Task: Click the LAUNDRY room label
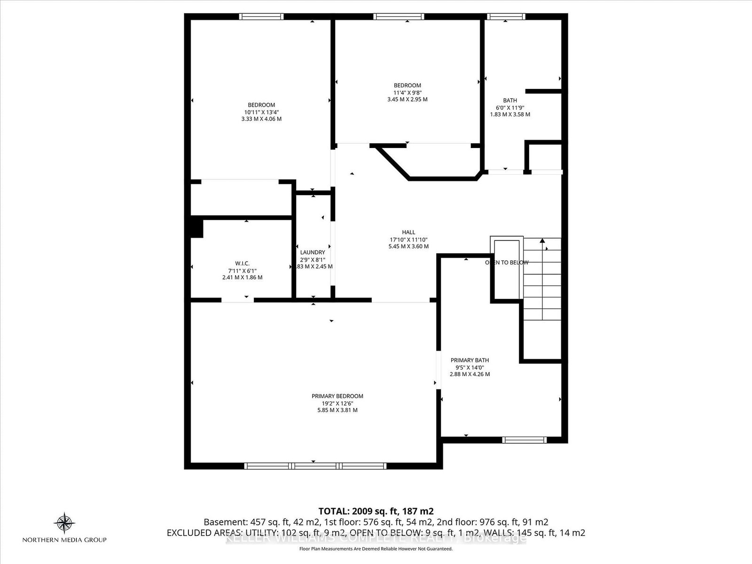click(x=312, y=252)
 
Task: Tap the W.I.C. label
click(x=242, y=263)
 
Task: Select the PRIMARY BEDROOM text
click(x=337, y=396)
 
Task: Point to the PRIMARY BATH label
click(x=470, y=360)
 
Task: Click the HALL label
click(x=408, y=232)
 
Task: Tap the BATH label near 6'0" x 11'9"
click(x=510, y=100)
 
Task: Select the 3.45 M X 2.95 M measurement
click(x=407, y=99)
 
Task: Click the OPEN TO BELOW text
click(x=507, y=263)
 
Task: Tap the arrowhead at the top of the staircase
click(x=542, y=241)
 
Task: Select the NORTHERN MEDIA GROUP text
click(x=65, y=540)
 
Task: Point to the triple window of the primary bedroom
click(x=315, y=466)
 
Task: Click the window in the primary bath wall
click(x=524, y=440)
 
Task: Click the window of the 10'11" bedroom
click(x=261, y=16)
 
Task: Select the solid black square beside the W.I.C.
click(x=196, y=228)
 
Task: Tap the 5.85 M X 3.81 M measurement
click(x=337, y=410)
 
